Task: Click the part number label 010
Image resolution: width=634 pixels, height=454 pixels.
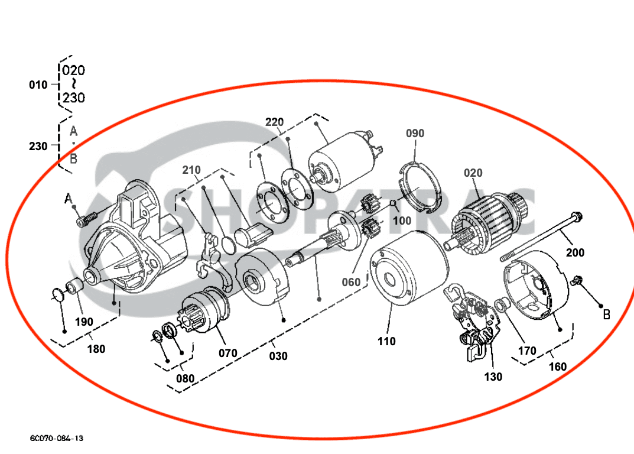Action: coord(38,85)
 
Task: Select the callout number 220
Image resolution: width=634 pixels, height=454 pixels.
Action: coord(274,122)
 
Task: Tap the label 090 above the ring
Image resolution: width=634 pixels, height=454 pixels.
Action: coord(415,134)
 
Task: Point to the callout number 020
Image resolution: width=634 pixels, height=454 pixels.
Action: coord(473,173)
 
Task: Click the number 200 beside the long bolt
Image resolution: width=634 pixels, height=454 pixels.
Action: coord(575,253)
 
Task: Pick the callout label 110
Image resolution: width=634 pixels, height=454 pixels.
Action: coord(386,341)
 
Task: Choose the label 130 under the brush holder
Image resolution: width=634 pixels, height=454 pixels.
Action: coord(493,377)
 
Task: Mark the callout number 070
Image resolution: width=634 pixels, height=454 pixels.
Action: coord(227,354)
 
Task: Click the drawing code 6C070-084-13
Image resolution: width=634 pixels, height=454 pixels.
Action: coord(57,438)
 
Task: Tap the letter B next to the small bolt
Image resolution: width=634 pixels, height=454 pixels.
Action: coord(606,315)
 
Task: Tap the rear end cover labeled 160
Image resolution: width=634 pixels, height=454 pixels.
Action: coord(535,286)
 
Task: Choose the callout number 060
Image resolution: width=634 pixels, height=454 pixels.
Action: coord(351,283)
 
